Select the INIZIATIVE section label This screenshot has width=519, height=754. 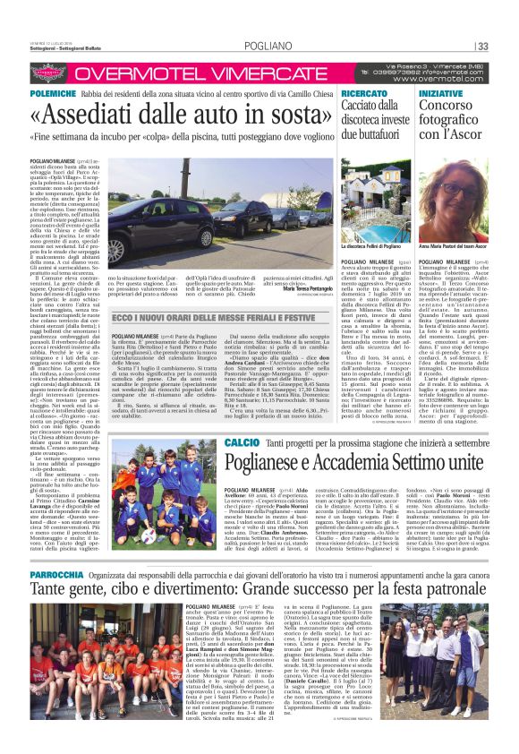tap(441, 93)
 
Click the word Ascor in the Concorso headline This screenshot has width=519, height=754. tap(463, 132)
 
